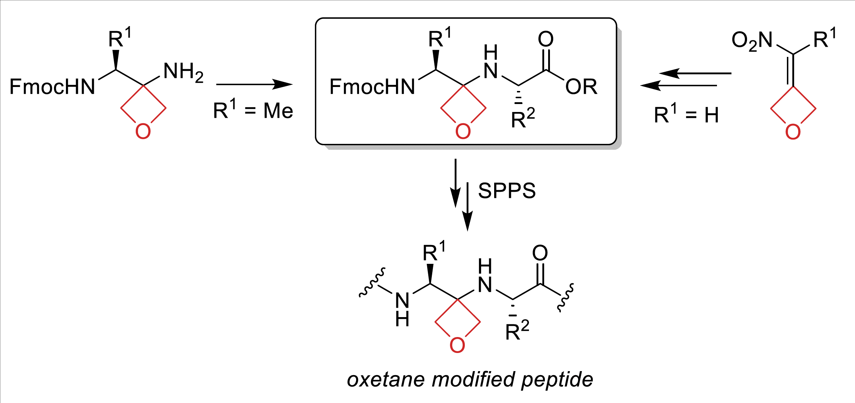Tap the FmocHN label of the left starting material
coord(52,87)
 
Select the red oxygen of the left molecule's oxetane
coord(143,131)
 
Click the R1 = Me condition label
coord(253,110)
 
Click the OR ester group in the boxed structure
coord(581,87)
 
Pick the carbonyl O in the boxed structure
coord(546,39)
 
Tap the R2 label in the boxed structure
coord(523,118)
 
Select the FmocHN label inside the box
coord(372,87)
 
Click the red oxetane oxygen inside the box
coord(463,131)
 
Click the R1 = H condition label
coord(686,115)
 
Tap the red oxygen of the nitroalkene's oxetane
coord(793,132)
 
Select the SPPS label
coord(507,191)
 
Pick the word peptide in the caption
coord(557,380)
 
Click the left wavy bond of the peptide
coord(372,283)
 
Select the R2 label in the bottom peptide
coord(517,331)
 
